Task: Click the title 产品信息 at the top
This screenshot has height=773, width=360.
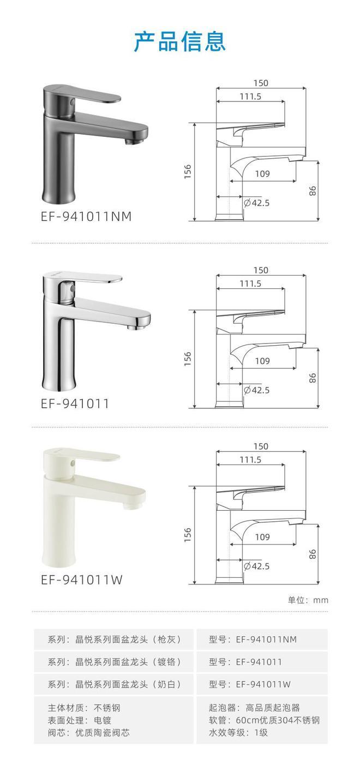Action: (180, 41)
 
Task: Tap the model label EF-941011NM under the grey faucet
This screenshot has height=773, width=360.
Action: (86, 216)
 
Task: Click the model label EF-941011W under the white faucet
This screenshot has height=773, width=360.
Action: (81, 580)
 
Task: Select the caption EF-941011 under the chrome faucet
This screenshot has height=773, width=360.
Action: (75, 403)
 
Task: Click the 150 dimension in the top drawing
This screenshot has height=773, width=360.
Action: (261, 83)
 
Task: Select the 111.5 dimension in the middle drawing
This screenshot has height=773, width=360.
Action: (250, 283)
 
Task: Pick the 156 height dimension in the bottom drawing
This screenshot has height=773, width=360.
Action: (188, 535)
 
